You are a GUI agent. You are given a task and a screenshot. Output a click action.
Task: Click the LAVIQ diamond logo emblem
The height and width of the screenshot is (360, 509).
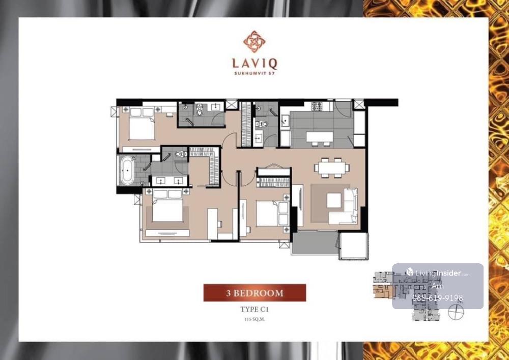pyautogui.click(x=254, y=42)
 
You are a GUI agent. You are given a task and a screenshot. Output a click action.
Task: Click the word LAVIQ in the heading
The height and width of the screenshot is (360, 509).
pyautogui.click(x=254, y=63)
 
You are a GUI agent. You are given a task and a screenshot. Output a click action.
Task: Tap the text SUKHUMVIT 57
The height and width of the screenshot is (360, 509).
pyautogui.click(x=254, y=73)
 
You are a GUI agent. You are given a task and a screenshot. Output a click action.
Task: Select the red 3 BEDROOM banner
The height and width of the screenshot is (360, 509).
pyautogui.click(x=254, y=293)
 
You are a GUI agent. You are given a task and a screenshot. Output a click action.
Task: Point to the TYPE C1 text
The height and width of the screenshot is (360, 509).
pyautogui.click(x=254, y=310)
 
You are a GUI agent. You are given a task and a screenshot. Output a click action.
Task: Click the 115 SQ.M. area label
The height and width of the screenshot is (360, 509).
pyautogui.click(x=254, y=319)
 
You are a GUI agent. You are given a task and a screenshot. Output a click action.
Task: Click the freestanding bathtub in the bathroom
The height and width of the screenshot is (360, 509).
pyautogui.click(x=127, y=171)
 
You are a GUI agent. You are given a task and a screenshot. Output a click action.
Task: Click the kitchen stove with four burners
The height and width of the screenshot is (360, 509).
pyautogui.click(x=317, y=106)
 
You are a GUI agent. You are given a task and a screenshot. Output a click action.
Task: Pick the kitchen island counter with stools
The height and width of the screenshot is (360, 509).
pyautogui.click(x=320, y=137)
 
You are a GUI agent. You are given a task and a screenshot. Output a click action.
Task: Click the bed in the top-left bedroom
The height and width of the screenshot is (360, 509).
pyautogui.click(x=141, y=123)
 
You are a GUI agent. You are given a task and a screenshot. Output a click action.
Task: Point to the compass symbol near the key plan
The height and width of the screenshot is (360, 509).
pyautogui.click(x=456, y=312)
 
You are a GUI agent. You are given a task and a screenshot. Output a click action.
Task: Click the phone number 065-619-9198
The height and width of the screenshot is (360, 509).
pyautogui.click(x=438, y=298)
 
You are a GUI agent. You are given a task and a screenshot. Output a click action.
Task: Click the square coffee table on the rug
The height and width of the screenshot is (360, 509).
pyautogui.click(x=334, y=200)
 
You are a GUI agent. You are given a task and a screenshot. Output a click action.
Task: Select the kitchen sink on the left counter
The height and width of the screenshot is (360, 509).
pyautogui.click(x=286, y=121)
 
